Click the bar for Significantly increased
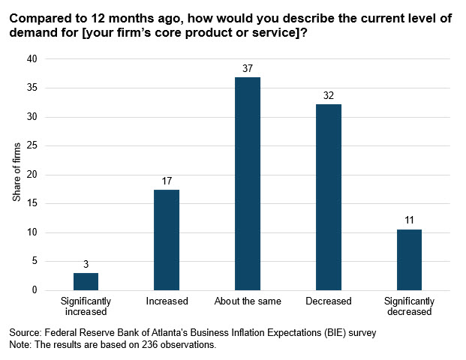[x=86, y=281]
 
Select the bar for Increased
[x=167, y=240]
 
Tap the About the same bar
[x=248, y=184]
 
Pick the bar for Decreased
[x=329, y=197]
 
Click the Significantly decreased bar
[x=410, y=259]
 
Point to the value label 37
[x=248, y=68]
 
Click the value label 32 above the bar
[x=329, y=95]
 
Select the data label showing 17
[x=167, y=181]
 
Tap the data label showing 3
[x=86, y=264]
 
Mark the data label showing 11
[x=410, y=220]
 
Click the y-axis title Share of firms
[x=17, y=175]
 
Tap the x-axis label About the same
[x=248, y=301]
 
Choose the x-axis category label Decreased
[x=329, y=301]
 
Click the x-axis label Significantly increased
[x=86, y=306]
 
